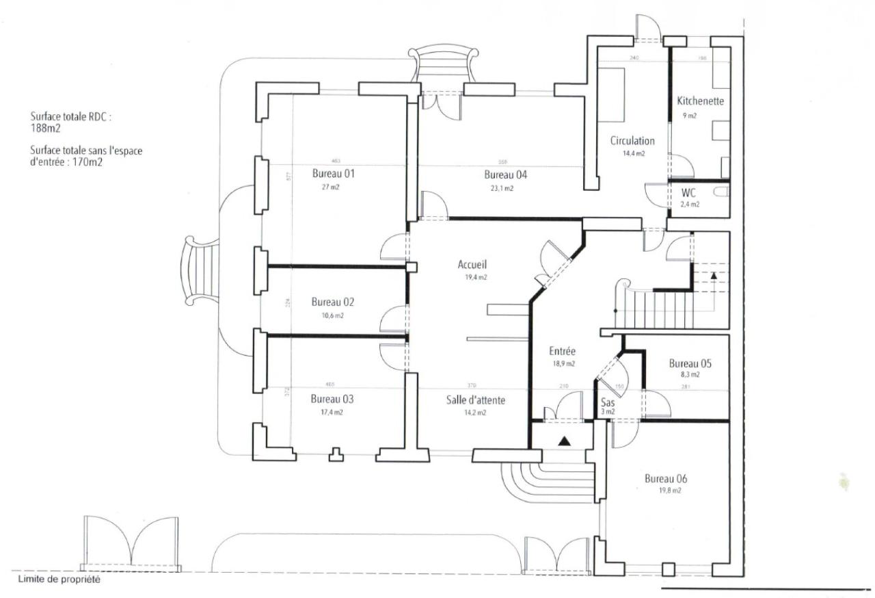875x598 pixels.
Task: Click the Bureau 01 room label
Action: [333, 173]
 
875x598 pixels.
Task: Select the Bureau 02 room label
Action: [333, 302]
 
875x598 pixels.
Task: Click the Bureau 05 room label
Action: [690, 363]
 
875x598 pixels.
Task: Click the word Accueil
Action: [473, 264]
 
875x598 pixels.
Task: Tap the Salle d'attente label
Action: [476, 400]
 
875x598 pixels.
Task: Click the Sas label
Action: [608, 402]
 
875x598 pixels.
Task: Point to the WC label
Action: [688, 193]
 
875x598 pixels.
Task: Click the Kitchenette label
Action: [700, 101]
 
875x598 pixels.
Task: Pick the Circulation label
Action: [632, 141]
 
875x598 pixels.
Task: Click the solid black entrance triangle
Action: [564, 441]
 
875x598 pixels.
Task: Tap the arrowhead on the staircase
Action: [713, 275]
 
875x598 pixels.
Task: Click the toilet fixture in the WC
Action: [720, 194]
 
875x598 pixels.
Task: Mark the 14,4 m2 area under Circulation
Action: [633, 154]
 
